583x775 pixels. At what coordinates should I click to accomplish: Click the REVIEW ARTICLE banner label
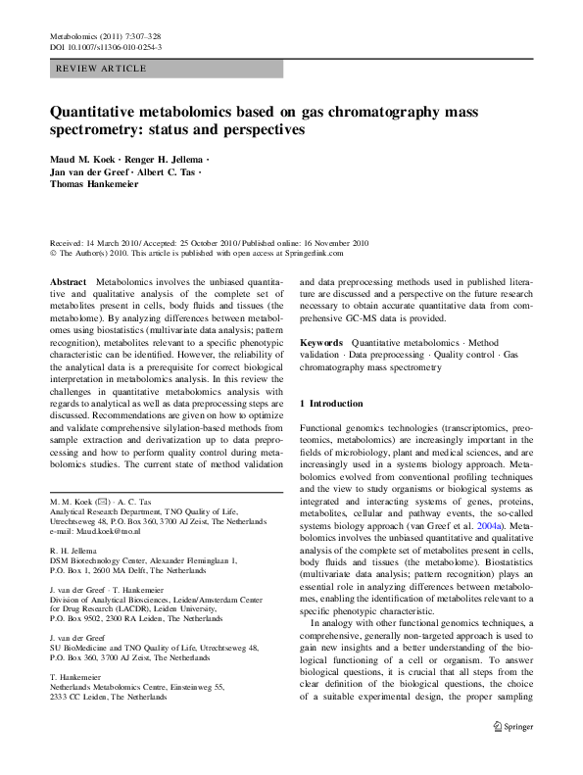tap(103, 69)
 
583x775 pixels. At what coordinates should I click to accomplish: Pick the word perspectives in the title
tap(262, 129)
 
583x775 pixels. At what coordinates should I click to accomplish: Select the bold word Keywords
tap(321, 342)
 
